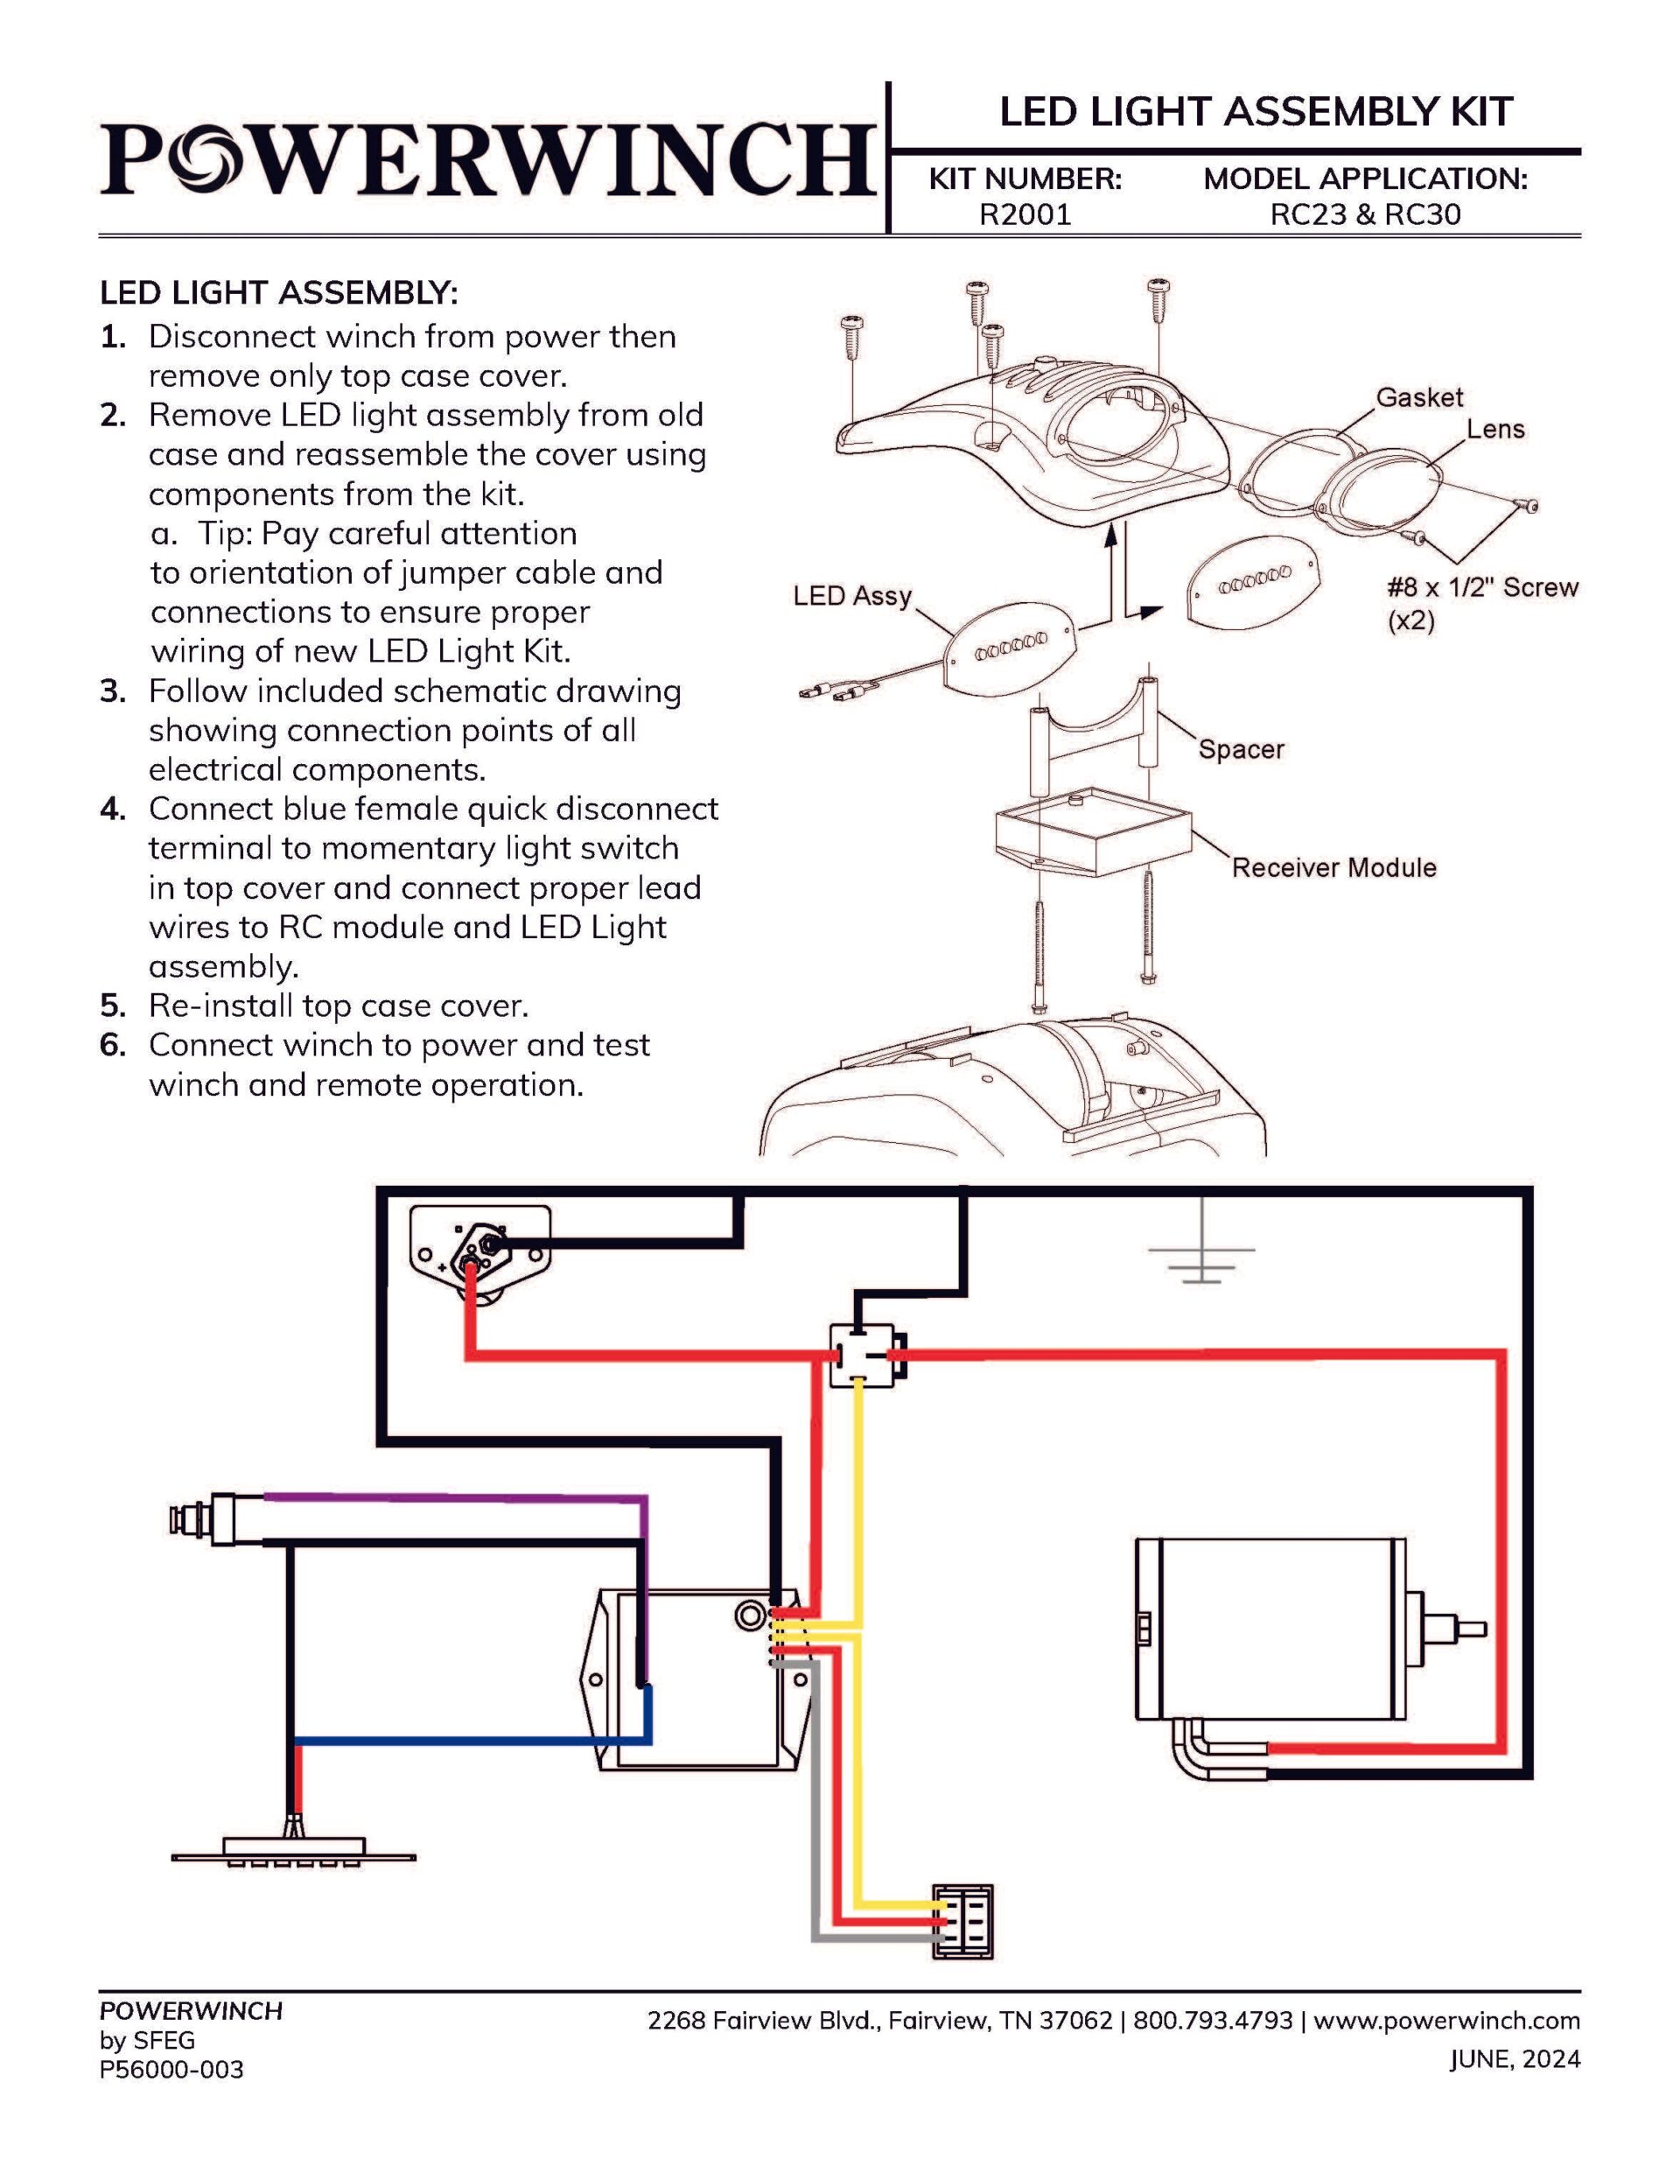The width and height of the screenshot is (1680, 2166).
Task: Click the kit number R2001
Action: point(1025,214)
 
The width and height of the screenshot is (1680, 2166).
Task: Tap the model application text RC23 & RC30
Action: point(1365,214)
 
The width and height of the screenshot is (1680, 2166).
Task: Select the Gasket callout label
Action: point(1418,396)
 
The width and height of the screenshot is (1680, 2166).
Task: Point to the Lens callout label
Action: point(1494,430)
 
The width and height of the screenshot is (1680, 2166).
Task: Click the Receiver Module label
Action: point(1333,868)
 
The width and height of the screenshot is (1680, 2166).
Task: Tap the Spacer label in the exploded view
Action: point(1240,749)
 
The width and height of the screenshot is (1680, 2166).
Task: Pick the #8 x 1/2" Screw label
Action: point(1480,587)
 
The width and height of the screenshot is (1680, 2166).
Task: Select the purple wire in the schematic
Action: point(446,1497)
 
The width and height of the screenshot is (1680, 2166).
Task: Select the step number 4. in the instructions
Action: point(113,810)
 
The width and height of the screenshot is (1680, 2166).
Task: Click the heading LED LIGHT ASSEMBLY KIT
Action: point(1256,112)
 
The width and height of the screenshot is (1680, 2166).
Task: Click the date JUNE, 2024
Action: point(1515,2059)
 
